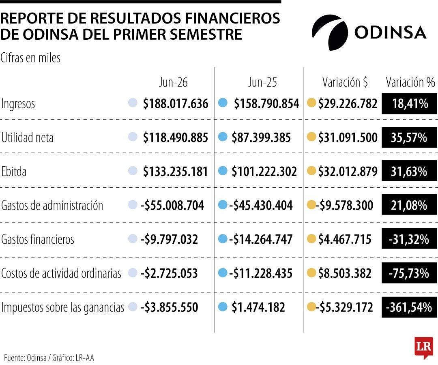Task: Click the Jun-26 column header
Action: (173, 82)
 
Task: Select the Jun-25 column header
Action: (262, 82)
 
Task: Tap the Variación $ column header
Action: (345, 82)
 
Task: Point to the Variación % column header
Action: (410, 82)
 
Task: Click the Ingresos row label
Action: (18, 104)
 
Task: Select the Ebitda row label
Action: (14, 172)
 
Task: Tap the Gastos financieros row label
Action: (38, 240)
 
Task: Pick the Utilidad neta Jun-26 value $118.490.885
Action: (176, 137)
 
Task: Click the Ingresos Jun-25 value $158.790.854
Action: (266, 103)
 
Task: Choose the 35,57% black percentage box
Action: (409, 137)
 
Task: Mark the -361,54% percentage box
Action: (409, 307)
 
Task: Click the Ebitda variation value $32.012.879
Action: (348, 172)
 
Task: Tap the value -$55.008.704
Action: (172, 205)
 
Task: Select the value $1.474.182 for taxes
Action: (258, 307)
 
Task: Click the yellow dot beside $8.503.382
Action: (311, 273)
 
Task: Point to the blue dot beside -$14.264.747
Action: (223, 239)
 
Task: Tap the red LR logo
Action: (424, 348)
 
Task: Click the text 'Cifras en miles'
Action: (30, 58)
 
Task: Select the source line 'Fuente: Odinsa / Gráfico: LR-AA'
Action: (49, 358)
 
